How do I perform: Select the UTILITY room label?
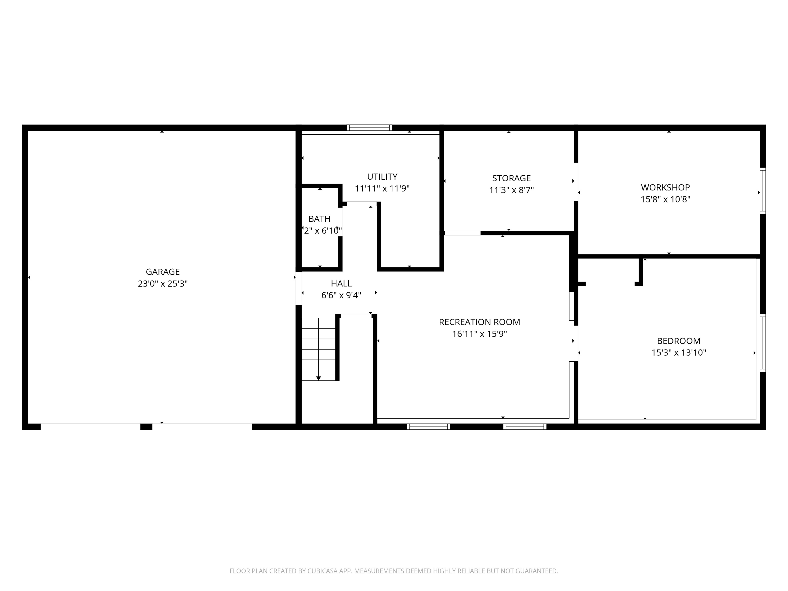pos(382,177)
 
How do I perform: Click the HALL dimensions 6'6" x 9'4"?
pos(341,295)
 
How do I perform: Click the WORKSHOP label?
pos(665,187)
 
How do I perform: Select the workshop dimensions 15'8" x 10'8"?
pos(665,199)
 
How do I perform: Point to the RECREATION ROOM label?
pos(479,322)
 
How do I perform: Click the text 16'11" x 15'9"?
pos(479,334)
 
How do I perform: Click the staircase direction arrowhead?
pos(318,378)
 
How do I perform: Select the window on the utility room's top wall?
pos(369,128)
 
